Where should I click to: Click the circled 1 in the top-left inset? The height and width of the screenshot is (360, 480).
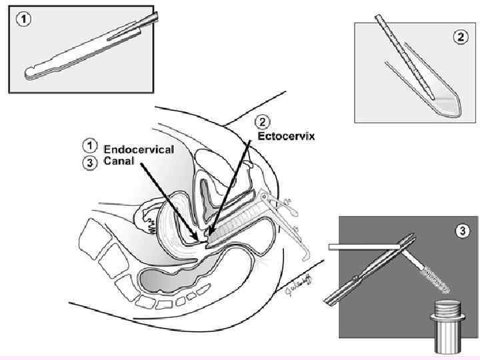tap(23, 19)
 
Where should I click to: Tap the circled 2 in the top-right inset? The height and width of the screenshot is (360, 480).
tap(461, 37)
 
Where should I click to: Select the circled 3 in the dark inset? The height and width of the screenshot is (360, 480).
tap(461, 231)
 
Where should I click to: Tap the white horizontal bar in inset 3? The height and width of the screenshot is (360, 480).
tap(364, 248)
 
